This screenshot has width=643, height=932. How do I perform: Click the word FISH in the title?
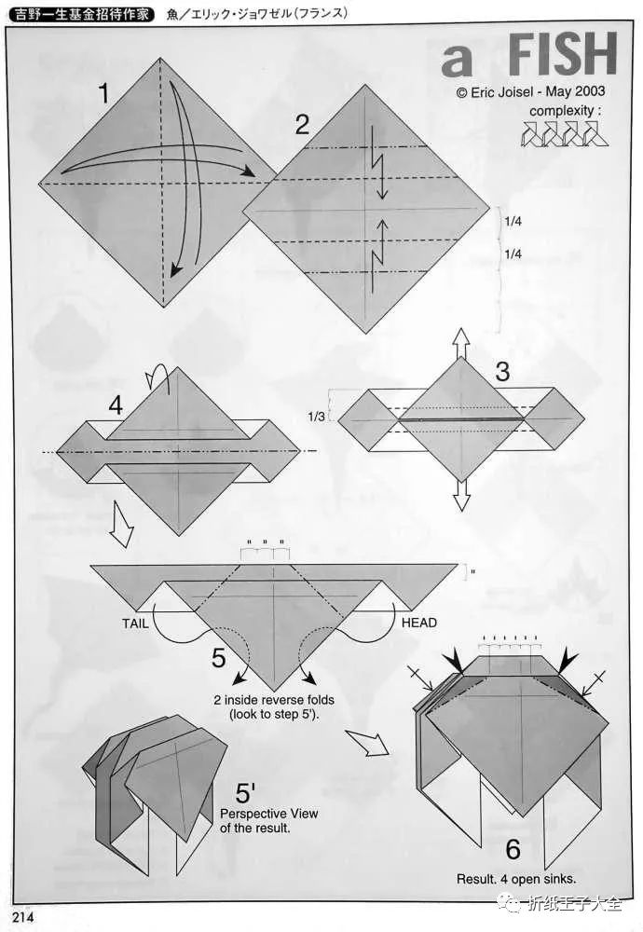pyautogui.click(x=562, y=54)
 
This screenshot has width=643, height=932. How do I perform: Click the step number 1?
pyautogui.click(x=104, y=93)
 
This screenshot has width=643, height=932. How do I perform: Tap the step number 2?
pyautogui.click(x=303, y=125)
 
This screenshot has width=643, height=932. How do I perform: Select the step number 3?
pyautogui.click(x=502, y=372)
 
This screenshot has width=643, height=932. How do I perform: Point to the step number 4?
pyautogui.click(x=116, y=406)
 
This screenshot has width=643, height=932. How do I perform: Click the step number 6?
pyautogui.click(x=513, y=849)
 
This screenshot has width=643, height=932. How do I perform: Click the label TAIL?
pyautogui.click(x=135, y=624)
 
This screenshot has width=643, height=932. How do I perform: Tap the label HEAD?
pyautogui.click(x=419, y=623)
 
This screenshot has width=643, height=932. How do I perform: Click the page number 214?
pyautogui.click(x=22, y=916)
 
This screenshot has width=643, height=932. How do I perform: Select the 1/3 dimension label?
pyautogui.click(x=316, y=417)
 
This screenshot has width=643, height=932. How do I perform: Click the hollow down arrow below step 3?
pyautogui.click(x=461, y=495)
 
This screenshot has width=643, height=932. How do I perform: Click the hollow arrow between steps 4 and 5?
pyautogui.click(x=122, y=524)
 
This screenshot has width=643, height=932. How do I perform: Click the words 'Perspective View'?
pyautogui.click(x=269, y=814)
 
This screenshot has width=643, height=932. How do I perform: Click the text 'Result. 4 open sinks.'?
pyautogui.click(x=516, y=879)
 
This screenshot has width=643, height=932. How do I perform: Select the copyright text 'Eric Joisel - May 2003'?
pyautogui.click(x=538, y=91)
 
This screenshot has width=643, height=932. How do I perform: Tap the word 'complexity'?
pyautogui.click(x=562, y=111)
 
